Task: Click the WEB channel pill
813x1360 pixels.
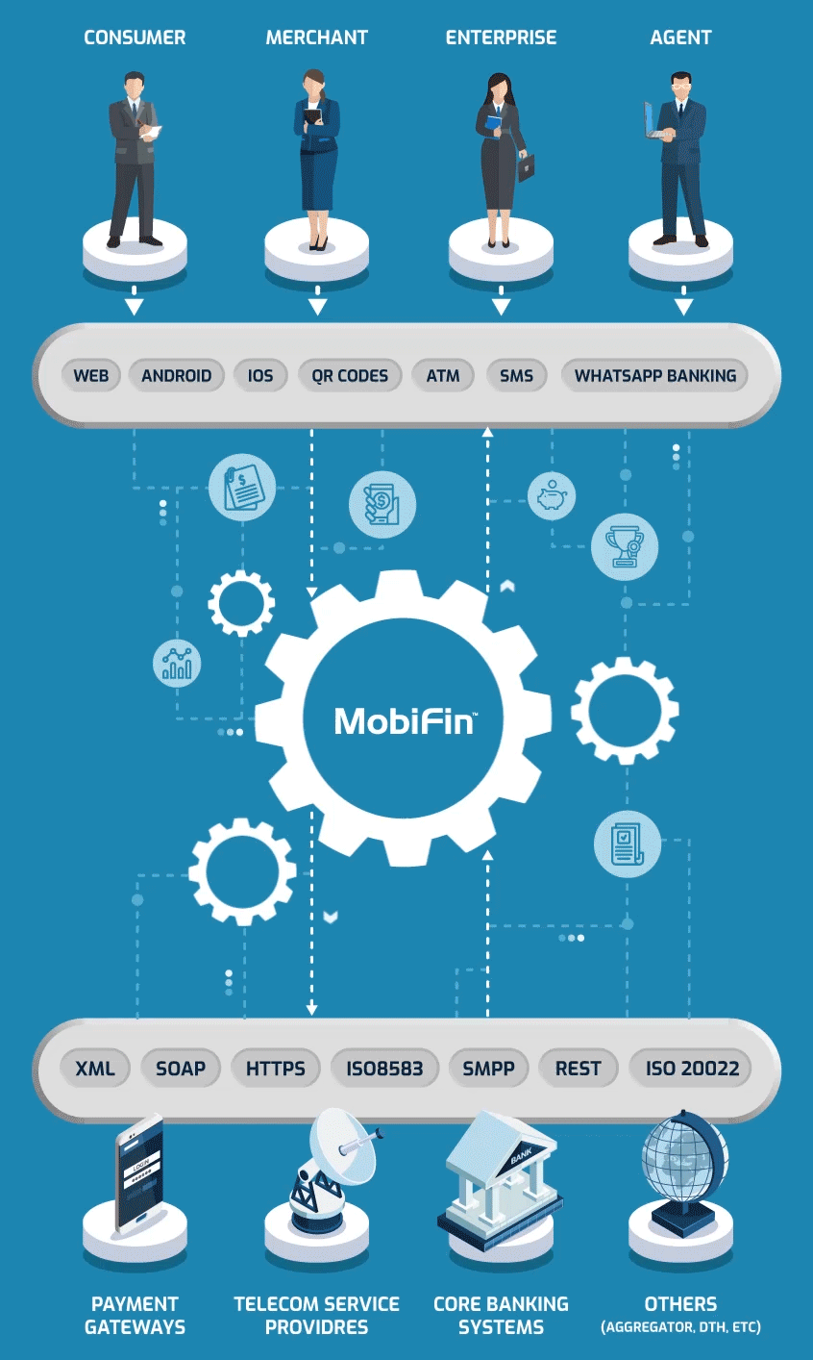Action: click(x=91, y=375)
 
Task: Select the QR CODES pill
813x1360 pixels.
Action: click(x=350, y=375)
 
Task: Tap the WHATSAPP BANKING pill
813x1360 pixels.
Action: click(x=655, y=375)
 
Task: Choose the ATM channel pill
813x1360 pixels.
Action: click(x=443, y=375)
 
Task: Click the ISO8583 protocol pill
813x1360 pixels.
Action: click(x=384, y=1068)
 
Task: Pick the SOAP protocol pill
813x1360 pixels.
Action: click(x=181, y=1068)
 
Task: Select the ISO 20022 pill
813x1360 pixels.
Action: click(x=691, y=1068)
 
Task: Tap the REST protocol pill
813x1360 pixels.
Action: click(x=579, y=1068)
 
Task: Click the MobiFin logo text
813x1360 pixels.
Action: click(x=405, y=721)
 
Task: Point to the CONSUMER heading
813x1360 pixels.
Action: click(x=135, y=38)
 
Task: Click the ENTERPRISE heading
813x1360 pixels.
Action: click(x=501, y=38)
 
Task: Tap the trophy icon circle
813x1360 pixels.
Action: click(x=625, y=546)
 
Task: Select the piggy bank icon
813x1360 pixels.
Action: click(x=552, y=496)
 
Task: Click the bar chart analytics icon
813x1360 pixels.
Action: click(x=177, y=663)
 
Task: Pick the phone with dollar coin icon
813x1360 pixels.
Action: click(x=382, y=505)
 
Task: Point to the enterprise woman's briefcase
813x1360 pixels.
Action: click(x=526, y=166)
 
